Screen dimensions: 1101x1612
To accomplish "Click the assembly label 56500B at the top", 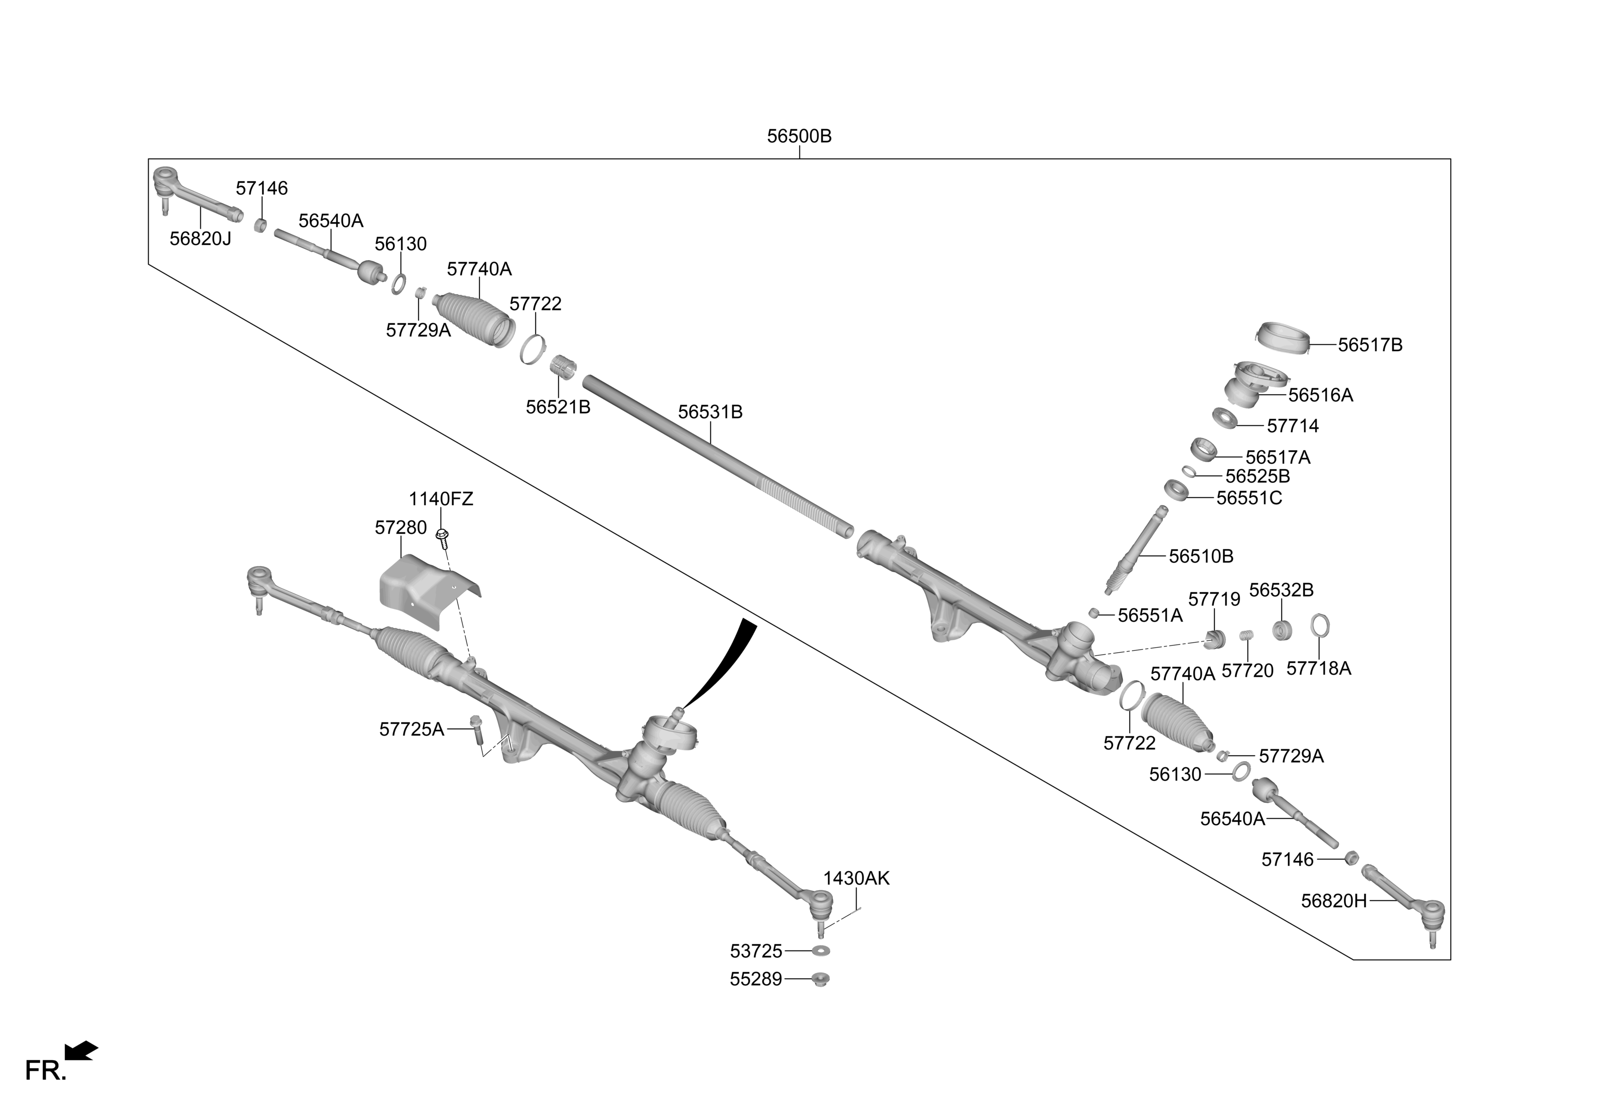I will click(x=799, y=136).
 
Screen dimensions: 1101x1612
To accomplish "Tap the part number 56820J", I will click(x=200, y=239).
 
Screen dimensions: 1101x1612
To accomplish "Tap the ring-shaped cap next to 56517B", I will click(x=1283, y=337).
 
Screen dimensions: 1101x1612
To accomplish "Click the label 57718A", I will click(x=1319, y=669).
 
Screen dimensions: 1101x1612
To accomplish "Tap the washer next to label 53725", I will click(x=821, y=950).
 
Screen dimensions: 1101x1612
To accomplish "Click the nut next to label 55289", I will click(x=821, y=979).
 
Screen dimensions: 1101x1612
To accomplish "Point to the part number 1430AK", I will click(x=856, y=878).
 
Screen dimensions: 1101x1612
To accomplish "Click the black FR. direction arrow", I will click(x=81, y=1050).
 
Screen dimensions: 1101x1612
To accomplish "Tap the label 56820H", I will click(x=1334, y=901).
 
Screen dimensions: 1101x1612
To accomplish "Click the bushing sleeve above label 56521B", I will click(x=564, y=365).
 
